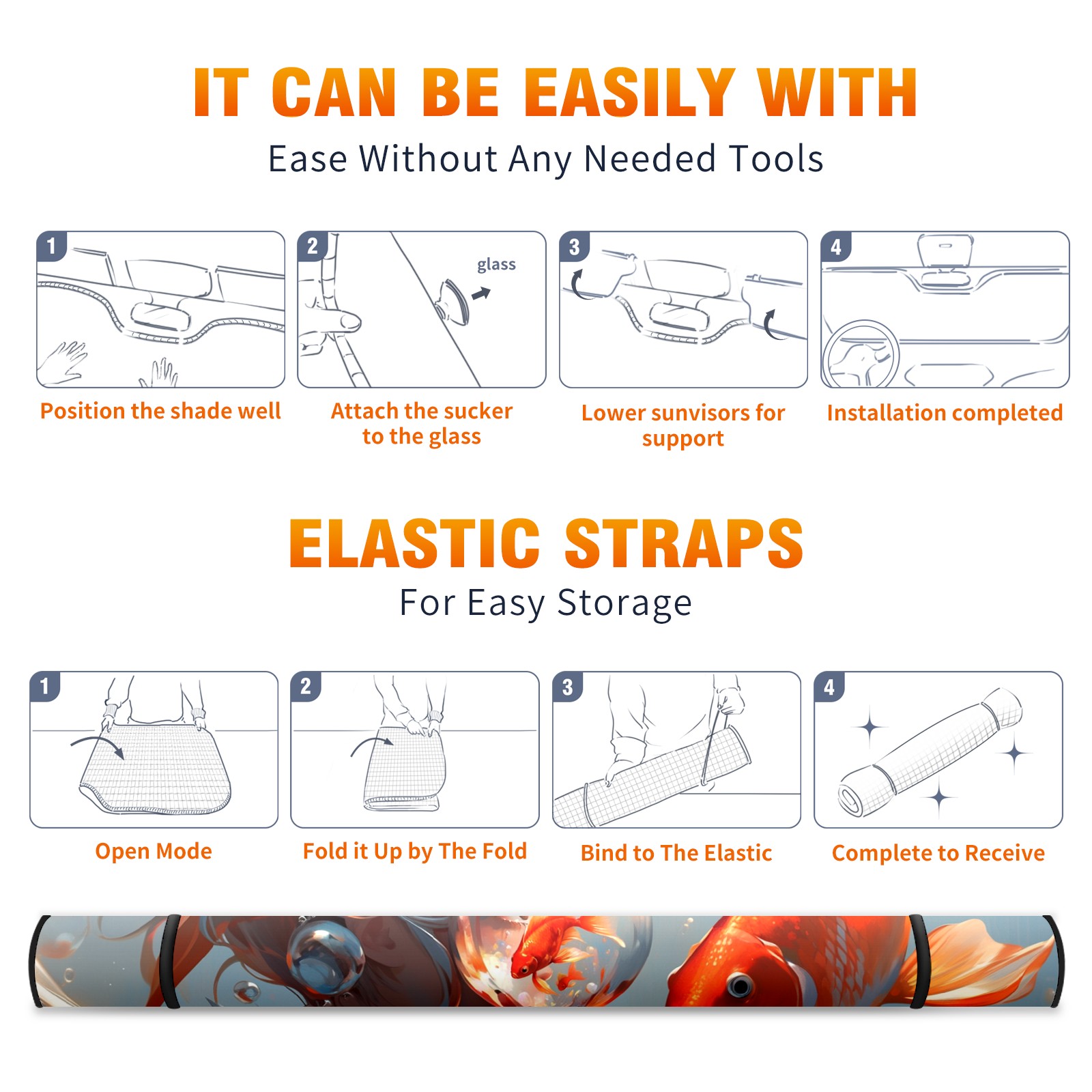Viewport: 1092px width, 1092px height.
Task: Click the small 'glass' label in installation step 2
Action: point(496,265)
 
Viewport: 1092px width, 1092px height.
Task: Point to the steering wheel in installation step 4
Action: point(860,355)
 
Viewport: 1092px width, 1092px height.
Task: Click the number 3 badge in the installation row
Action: point(575,247)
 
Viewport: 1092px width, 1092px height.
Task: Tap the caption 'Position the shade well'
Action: point(160,411)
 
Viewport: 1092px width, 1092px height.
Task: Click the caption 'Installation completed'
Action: point(945,413)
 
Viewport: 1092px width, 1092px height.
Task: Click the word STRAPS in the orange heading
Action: point(684,543)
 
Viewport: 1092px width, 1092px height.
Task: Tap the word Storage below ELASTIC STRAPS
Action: point(624,603)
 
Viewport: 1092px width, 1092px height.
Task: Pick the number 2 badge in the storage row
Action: point(306,687)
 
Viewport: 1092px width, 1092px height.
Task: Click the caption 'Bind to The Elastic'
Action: point(676,853)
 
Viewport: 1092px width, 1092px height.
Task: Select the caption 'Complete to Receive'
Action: point(938,853)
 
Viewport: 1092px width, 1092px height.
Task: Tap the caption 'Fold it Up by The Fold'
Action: point(415,852)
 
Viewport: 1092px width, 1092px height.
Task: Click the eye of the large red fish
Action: point(738,985)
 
